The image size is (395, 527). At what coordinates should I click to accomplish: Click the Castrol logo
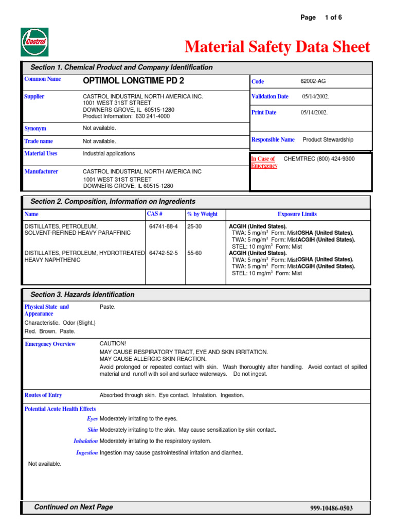click(35, 42)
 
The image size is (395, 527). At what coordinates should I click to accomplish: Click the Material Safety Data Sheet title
click(277, 47)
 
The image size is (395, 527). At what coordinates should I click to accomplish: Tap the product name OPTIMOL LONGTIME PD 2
click(133, 81)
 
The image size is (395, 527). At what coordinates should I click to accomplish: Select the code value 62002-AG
click(313, 81)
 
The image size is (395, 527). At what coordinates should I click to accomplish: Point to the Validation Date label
click(270, 96)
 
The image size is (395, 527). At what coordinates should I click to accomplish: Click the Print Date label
click(263, 112)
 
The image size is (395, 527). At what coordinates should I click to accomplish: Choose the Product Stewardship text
click(328, 139)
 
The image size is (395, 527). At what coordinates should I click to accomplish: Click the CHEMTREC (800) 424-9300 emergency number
click(319, 159)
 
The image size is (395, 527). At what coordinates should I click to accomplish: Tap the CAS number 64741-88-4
click(163, 226)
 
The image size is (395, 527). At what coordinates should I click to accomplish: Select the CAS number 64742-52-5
click(163, 253)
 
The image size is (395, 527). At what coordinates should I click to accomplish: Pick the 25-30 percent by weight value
click(194, 226)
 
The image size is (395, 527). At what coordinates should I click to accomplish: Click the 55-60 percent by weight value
click(194, 253)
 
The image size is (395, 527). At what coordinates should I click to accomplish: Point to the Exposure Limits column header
click(297, 214)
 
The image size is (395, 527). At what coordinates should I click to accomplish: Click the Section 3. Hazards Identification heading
click(82, 294)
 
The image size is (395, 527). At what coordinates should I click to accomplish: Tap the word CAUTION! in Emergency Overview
click(113, 343)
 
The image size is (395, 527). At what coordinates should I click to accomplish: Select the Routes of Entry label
click(43, 395)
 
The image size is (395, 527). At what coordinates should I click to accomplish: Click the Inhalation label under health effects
click(85, 441)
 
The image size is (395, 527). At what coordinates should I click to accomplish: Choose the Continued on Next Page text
click(73, 507)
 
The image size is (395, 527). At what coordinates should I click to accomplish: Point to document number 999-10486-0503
click(331, 508)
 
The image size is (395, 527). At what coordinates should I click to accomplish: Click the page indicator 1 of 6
click(333, 17)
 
